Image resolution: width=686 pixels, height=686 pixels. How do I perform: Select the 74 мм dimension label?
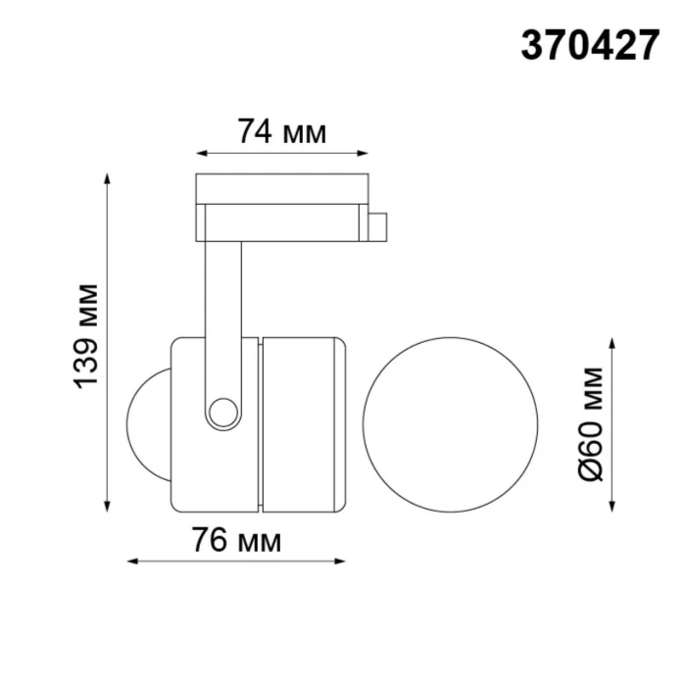pyautogui.click(x=281, y=131)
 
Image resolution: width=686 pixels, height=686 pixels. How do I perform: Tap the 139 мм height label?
pyautogui.click(x=88, y=334)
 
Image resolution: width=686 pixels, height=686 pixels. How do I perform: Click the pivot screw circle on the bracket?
pyautogui.click(x=223, y=411)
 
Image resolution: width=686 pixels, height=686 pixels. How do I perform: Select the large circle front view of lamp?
pyautogui.click(x=450, y=423)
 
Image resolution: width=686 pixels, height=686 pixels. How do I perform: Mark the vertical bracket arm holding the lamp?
pyautogui.click(x=222, y=314)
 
